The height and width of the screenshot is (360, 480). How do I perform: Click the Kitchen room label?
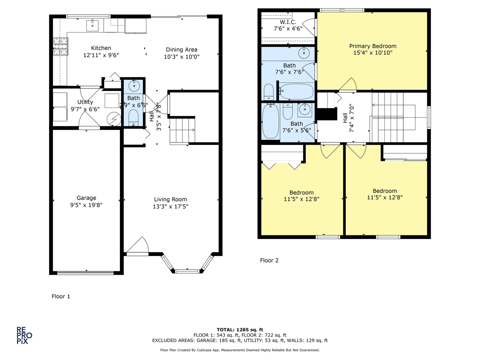pos(101,48)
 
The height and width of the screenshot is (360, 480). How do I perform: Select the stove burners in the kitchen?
pos(60,47)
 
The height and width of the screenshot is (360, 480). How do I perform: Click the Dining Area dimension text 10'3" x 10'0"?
pos(182,57)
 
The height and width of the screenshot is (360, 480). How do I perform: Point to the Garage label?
pos(86,198)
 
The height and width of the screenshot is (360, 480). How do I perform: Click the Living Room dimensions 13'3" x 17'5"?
pos(170,206)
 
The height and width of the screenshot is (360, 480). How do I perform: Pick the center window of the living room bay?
pos(188,271)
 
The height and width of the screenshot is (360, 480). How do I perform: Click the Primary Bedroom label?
pos(373,46)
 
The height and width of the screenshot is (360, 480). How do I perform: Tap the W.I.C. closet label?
pos(288,22)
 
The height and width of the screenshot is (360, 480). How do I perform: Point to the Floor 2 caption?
pos(269,260)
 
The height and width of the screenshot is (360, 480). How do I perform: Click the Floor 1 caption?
pos(61,296)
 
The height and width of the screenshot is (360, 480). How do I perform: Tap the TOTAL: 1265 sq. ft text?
pos(240,330)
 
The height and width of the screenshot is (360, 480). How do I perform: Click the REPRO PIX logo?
pos(24,335)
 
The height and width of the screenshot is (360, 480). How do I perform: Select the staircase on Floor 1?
pos(182,131)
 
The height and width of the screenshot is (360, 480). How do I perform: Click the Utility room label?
pos(85,102)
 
